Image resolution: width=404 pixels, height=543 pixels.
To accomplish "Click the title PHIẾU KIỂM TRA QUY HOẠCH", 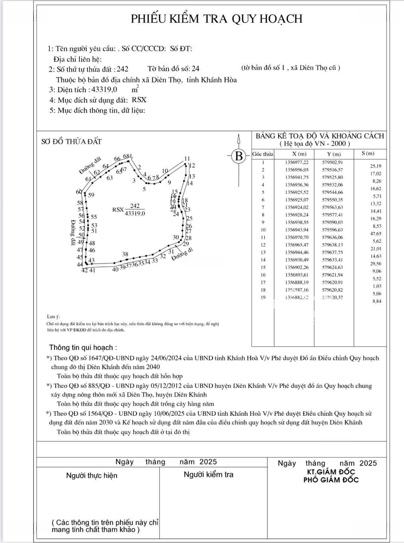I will click(x=217, y=19).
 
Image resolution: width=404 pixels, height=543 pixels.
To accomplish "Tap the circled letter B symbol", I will click(x=239, y=156).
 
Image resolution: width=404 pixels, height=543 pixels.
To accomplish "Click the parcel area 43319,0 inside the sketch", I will click(x=135, y=213).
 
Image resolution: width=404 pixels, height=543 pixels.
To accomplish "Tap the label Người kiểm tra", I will click(x=208, y=474).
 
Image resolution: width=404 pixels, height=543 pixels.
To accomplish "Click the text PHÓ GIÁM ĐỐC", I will click(x=331, y=480).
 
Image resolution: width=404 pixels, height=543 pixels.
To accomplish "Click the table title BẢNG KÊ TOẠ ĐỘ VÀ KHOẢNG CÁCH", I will click(x=320, y=136).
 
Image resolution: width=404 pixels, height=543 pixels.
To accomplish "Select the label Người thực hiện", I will click(x=91, y=475).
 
